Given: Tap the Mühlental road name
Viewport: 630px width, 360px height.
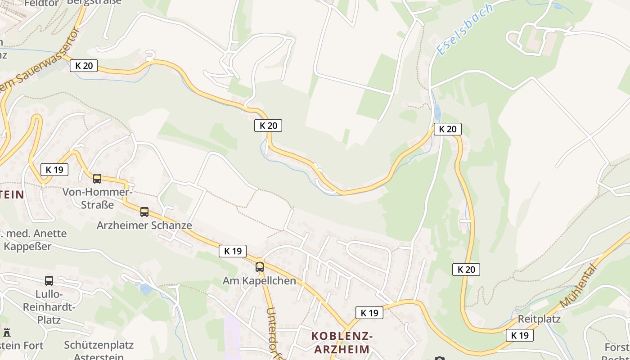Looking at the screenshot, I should coord(579,286).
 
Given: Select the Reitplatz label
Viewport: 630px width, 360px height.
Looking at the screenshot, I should coord(539,319).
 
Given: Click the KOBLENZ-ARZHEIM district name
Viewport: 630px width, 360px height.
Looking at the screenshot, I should coord(342,342).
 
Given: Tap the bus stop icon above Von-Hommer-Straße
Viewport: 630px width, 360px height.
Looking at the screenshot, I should coord(97,179).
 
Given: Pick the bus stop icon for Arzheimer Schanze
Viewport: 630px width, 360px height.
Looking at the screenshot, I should coord(144,212).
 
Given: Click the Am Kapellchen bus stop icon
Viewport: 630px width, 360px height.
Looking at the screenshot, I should coord(260,267).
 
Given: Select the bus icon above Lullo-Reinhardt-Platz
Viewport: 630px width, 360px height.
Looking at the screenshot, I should coord(49,281).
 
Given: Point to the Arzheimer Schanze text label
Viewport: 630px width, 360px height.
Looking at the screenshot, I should coord(144,225).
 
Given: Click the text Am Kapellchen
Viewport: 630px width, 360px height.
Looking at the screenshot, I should coord(260,281).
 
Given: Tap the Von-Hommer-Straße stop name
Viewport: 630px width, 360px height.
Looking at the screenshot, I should coord(97,198).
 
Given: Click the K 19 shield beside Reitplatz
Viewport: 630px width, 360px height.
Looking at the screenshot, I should coord(520,335).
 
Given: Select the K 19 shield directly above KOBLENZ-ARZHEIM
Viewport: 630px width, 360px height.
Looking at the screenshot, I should coord(369,313).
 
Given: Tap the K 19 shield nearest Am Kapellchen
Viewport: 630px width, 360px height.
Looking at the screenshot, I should coord(233,251).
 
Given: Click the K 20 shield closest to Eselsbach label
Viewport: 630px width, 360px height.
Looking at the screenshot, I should coord(448,129).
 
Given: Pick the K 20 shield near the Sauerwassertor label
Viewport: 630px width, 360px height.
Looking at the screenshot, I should coord(84,66).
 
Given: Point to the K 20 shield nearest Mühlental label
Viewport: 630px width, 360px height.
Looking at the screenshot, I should coord(466,270).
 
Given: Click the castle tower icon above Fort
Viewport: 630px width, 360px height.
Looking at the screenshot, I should coord(6,333).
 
